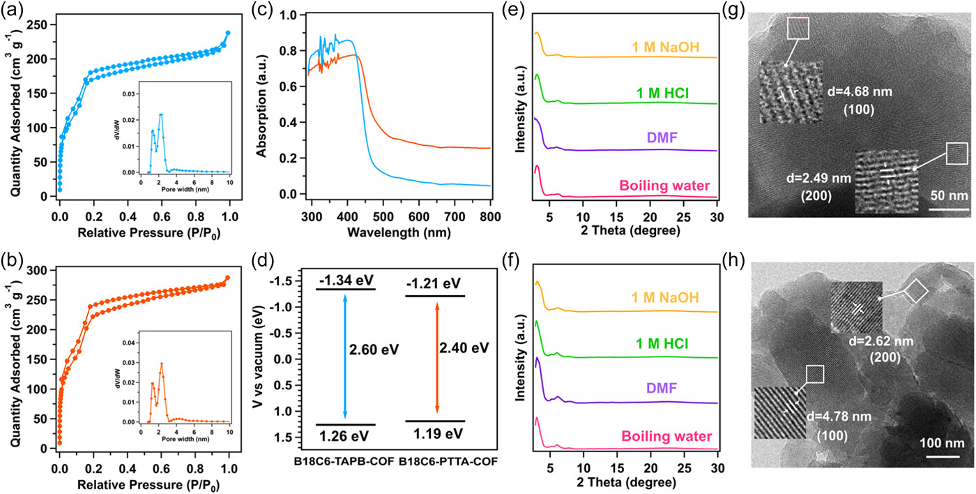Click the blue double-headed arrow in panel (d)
pyautogui.click(x=346, y=356)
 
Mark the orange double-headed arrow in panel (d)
pyautogui.click(x=437, y=356)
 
